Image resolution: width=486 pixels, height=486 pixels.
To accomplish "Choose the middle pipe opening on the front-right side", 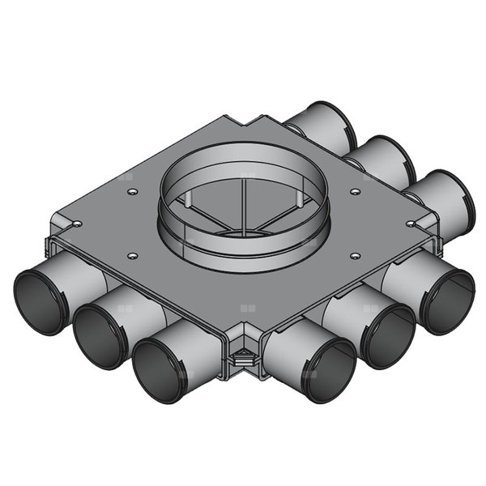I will click(386, 335).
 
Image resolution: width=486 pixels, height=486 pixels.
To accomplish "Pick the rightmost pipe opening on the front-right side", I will click(445, 300).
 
